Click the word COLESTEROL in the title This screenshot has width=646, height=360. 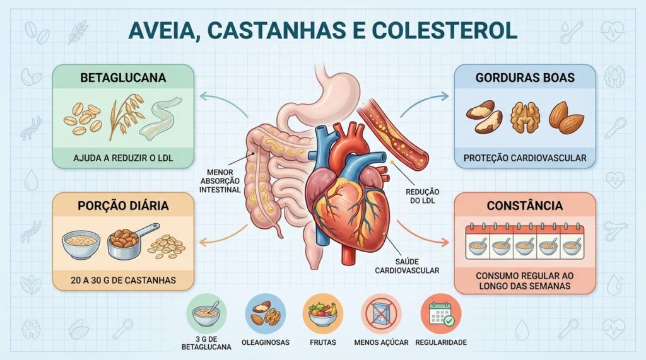pyautogui.click(x=445, y=30)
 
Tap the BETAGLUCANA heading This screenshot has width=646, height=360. pyautogui.click(x=123, y=78)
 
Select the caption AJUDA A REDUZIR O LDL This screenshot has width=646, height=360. pyautogui.click(x=123, y=158)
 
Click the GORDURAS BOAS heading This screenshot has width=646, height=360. pyautogui.click(x=525, y=78)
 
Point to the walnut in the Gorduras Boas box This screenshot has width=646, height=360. pyautogui.click(x=525, y=117)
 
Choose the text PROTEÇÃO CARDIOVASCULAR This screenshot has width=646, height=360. pyautogui.click(x=525, y=158)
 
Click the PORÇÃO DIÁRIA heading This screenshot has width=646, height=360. pyautogui.click(x=123, y=206)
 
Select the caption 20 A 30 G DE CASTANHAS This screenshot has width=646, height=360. pyautogui.click(x=123, y=280)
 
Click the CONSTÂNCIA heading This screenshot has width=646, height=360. pyautogui.click(x=525, y=206)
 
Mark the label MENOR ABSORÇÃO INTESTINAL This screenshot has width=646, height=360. pyautogui.click(x=220, y=181)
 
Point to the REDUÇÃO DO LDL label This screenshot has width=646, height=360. pyautogui.click(x=422, y=196)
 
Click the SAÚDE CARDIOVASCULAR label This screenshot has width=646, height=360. pyautogui.click(x=407, y=266)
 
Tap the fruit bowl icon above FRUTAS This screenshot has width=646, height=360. pyautogui.click(x=322, y=314)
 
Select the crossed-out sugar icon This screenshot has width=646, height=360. pyautogui.click(x=382, y=314)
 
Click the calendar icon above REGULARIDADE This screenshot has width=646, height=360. pyautogui.click(x=441, y=314)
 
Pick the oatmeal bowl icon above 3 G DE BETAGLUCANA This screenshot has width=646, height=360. pyautogui.click(x=206, y=314)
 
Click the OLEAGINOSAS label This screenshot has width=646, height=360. pyautogui.click(x=266, y=342)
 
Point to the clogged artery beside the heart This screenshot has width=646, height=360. pyautogui.click(x=394, y=133)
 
